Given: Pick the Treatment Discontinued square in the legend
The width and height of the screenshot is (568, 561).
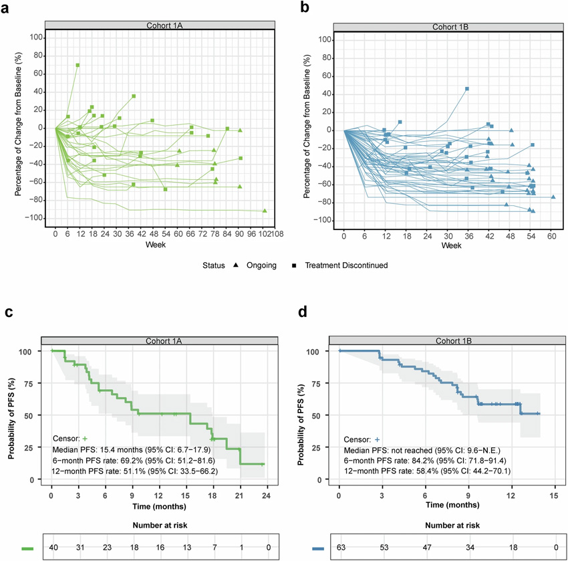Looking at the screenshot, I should point(294,265).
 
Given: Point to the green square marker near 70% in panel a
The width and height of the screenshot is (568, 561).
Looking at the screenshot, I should point(78,65).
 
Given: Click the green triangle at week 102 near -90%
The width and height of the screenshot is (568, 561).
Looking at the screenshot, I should point(265,211).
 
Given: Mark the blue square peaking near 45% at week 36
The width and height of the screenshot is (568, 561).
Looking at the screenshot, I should point(467,88).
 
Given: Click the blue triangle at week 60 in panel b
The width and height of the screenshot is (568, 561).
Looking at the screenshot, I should point(553,197).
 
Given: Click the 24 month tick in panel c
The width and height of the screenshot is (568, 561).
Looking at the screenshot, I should point(265,495).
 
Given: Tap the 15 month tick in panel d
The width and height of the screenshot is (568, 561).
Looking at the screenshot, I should point(553,495).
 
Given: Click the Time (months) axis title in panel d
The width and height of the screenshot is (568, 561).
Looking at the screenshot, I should point(446,507).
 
